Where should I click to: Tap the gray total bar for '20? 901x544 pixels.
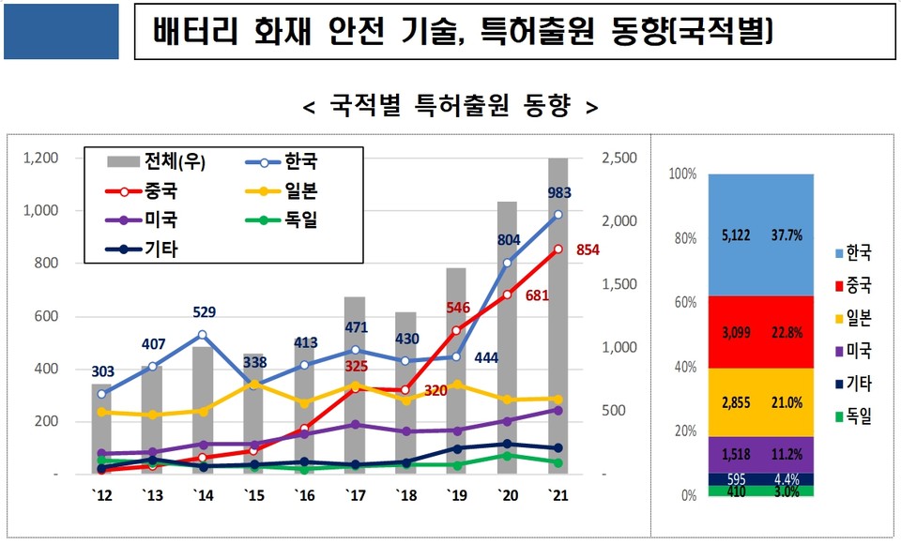tap(507, 347)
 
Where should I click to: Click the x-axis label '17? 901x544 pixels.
tap(354, 494)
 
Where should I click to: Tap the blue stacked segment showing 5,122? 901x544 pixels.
tap(760, 234)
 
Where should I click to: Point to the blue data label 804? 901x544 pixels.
tap(508, 240)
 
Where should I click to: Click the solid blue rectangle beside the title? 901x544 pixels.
tap(62, 32)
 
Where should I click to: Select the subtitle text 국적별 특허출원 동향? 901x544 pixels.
tap(450, 106)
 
